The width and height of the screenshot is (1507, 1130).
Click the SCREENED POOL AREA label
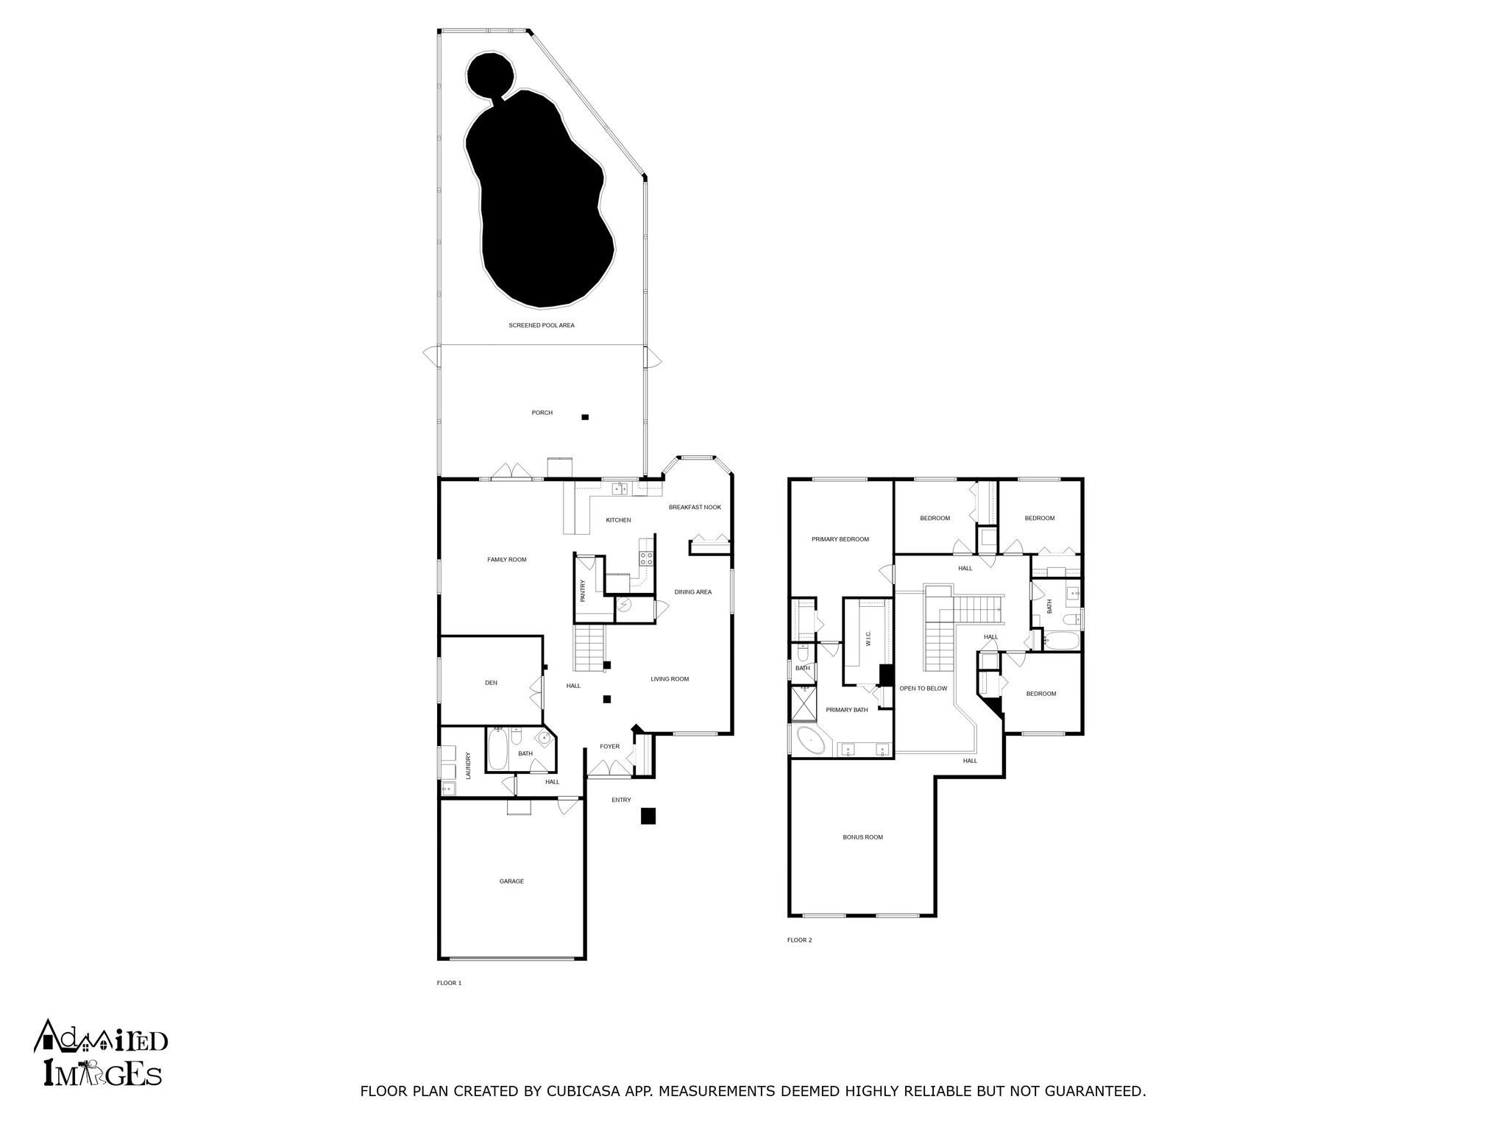pyautogui.click(x=542, y=325)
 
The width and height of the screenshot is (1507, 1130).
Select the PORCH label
pyautogui.click(x=542, y=413)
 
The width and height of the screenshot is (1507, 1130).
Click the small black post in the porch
pyautogui.click(x=585, y=417)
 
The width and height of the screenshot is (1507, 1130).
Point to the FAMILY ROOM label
pyautogui.click(x=507, y=560)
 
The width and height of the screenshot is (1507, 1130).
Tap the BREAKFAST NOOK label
pyautogui.click(x=695, y=508)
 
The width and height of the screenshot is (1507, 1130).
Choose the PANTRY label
pyautogui.click(x=583, y=591)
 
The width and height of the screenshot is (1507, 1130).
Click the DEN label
pyautogui.click(x=491, y=683)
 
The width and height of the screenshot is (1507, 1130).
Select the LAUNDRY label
pyautogui.click(x=468, y=765)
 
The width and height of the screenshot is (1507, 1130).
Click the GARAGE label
pyautogui.click(x=511, y=881)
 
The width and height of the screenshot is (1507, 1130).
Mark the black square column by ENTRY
pyautogui.click(x=648, y=816)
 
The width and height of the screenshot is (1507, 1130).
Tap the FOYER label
pyautogui.click(x=609, y=747)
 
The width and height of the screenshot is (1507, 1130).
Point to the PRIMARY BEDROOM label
pyautogui.click(x=840, y=539)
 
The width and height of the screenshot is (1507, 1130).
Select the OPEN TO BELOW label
pyautogui.click(x=923, y=689)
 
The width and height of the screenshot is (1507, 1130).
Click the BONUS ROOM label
pyautogui.click(x=862, y=837)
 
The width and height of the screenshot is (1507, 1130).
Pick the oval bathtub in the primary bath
pyautogui.click(x=811, y=740)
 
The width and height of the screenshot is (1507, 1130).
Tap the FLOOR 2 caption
pyautogui.click(x=799, y=940)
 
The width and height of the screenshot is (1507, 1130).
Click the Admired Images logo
pyautogui.click(x=100, y=1053)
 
